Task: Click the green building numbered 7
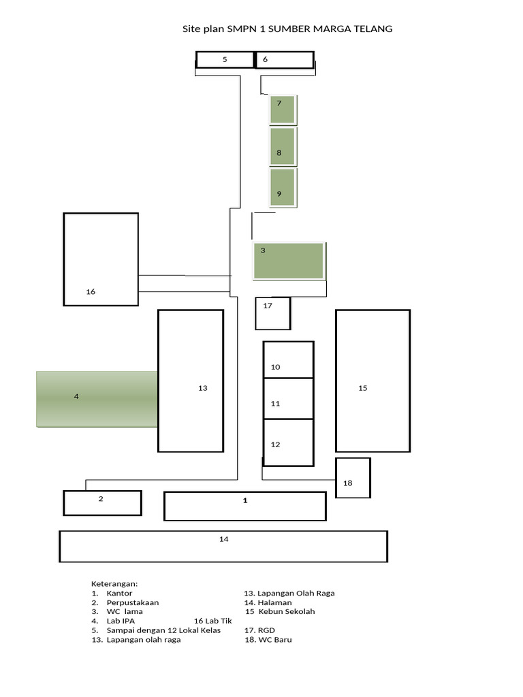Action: (283, 110)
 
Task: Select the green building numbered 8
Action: (283, 146)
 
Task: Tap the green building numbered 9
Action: (283, 188)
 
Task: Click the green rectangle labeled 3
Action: (289, 261)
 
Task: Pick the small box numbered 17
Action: (273, 314)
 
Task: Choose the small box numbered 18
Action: (353, 478)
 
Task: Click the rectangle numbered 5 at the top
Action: (225, 60)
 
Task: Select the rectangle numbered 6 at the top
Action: (285, 60)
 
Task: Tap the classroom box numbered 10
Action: (289, 359)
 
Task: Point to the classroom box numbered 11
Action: (289, 399)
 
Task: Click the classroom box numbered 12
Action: (289, 442)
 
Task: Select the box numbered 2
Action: (103, 503)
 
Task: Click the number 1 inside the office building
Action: (245, 500)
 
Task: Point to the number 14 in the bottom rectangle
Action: (223, 539)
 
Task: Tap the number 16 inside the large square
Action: (91, 291)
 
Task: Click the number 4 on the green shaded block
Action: (76, 396)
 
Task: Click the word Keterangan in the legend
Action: (114, 584)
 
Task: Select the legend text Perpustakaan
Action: (133, 603)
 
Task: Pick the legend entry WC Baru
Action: (268, 640)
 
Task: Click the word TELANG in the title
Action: (373, 29)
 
